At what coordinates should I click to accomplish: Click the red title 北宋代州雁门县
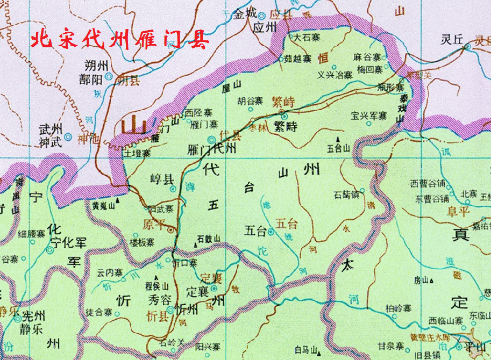pos(119,40)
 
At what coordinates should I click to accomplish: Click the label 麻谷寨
pos(368,57)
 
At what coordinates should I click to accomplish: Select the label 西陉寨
pos(198,113)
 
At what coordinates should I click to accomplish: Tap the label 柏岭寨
pos(399,308)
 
